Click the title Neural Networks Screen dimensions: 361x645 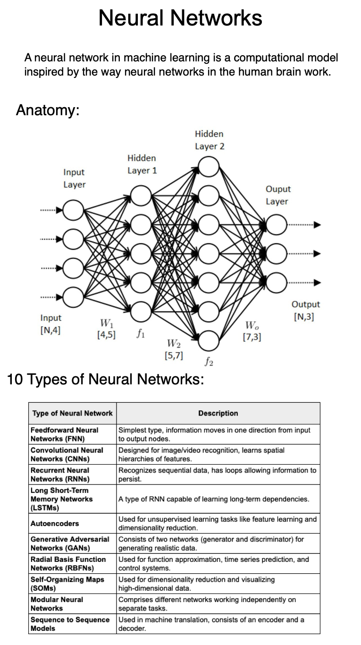coord(180,18)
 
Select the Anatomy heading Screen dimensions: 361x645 coord(48,110)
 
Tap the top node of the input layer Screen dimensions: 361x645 coord(73,210)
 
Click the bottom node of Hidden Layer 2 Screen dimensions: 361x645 coord(209,340)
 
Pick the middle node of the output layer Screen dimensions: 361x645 coord(277,254)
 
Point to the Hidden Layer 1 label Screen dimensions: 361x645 coord(142,164)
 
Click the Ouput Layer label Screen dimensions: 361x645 coord(278,195)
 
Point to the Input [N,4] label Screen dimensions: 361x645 coord(50,324)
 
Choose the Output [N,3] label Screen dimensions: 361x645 coord(305,310)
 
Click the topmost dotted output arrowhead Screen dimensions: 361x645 coord(317,225)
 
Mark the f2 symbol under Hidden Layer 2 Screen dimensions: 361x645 coord(209,361)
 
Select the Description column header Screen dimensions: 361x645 coord(218,413)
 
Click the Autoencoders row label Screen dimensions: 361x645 coord(55,524)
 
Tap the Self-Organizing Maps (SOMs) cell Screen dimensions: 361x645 coord(67,584)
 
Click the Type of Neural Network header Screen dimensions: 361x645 coord(73,413)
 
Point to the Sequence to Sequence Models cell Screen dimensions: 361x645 coord(70,624)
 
